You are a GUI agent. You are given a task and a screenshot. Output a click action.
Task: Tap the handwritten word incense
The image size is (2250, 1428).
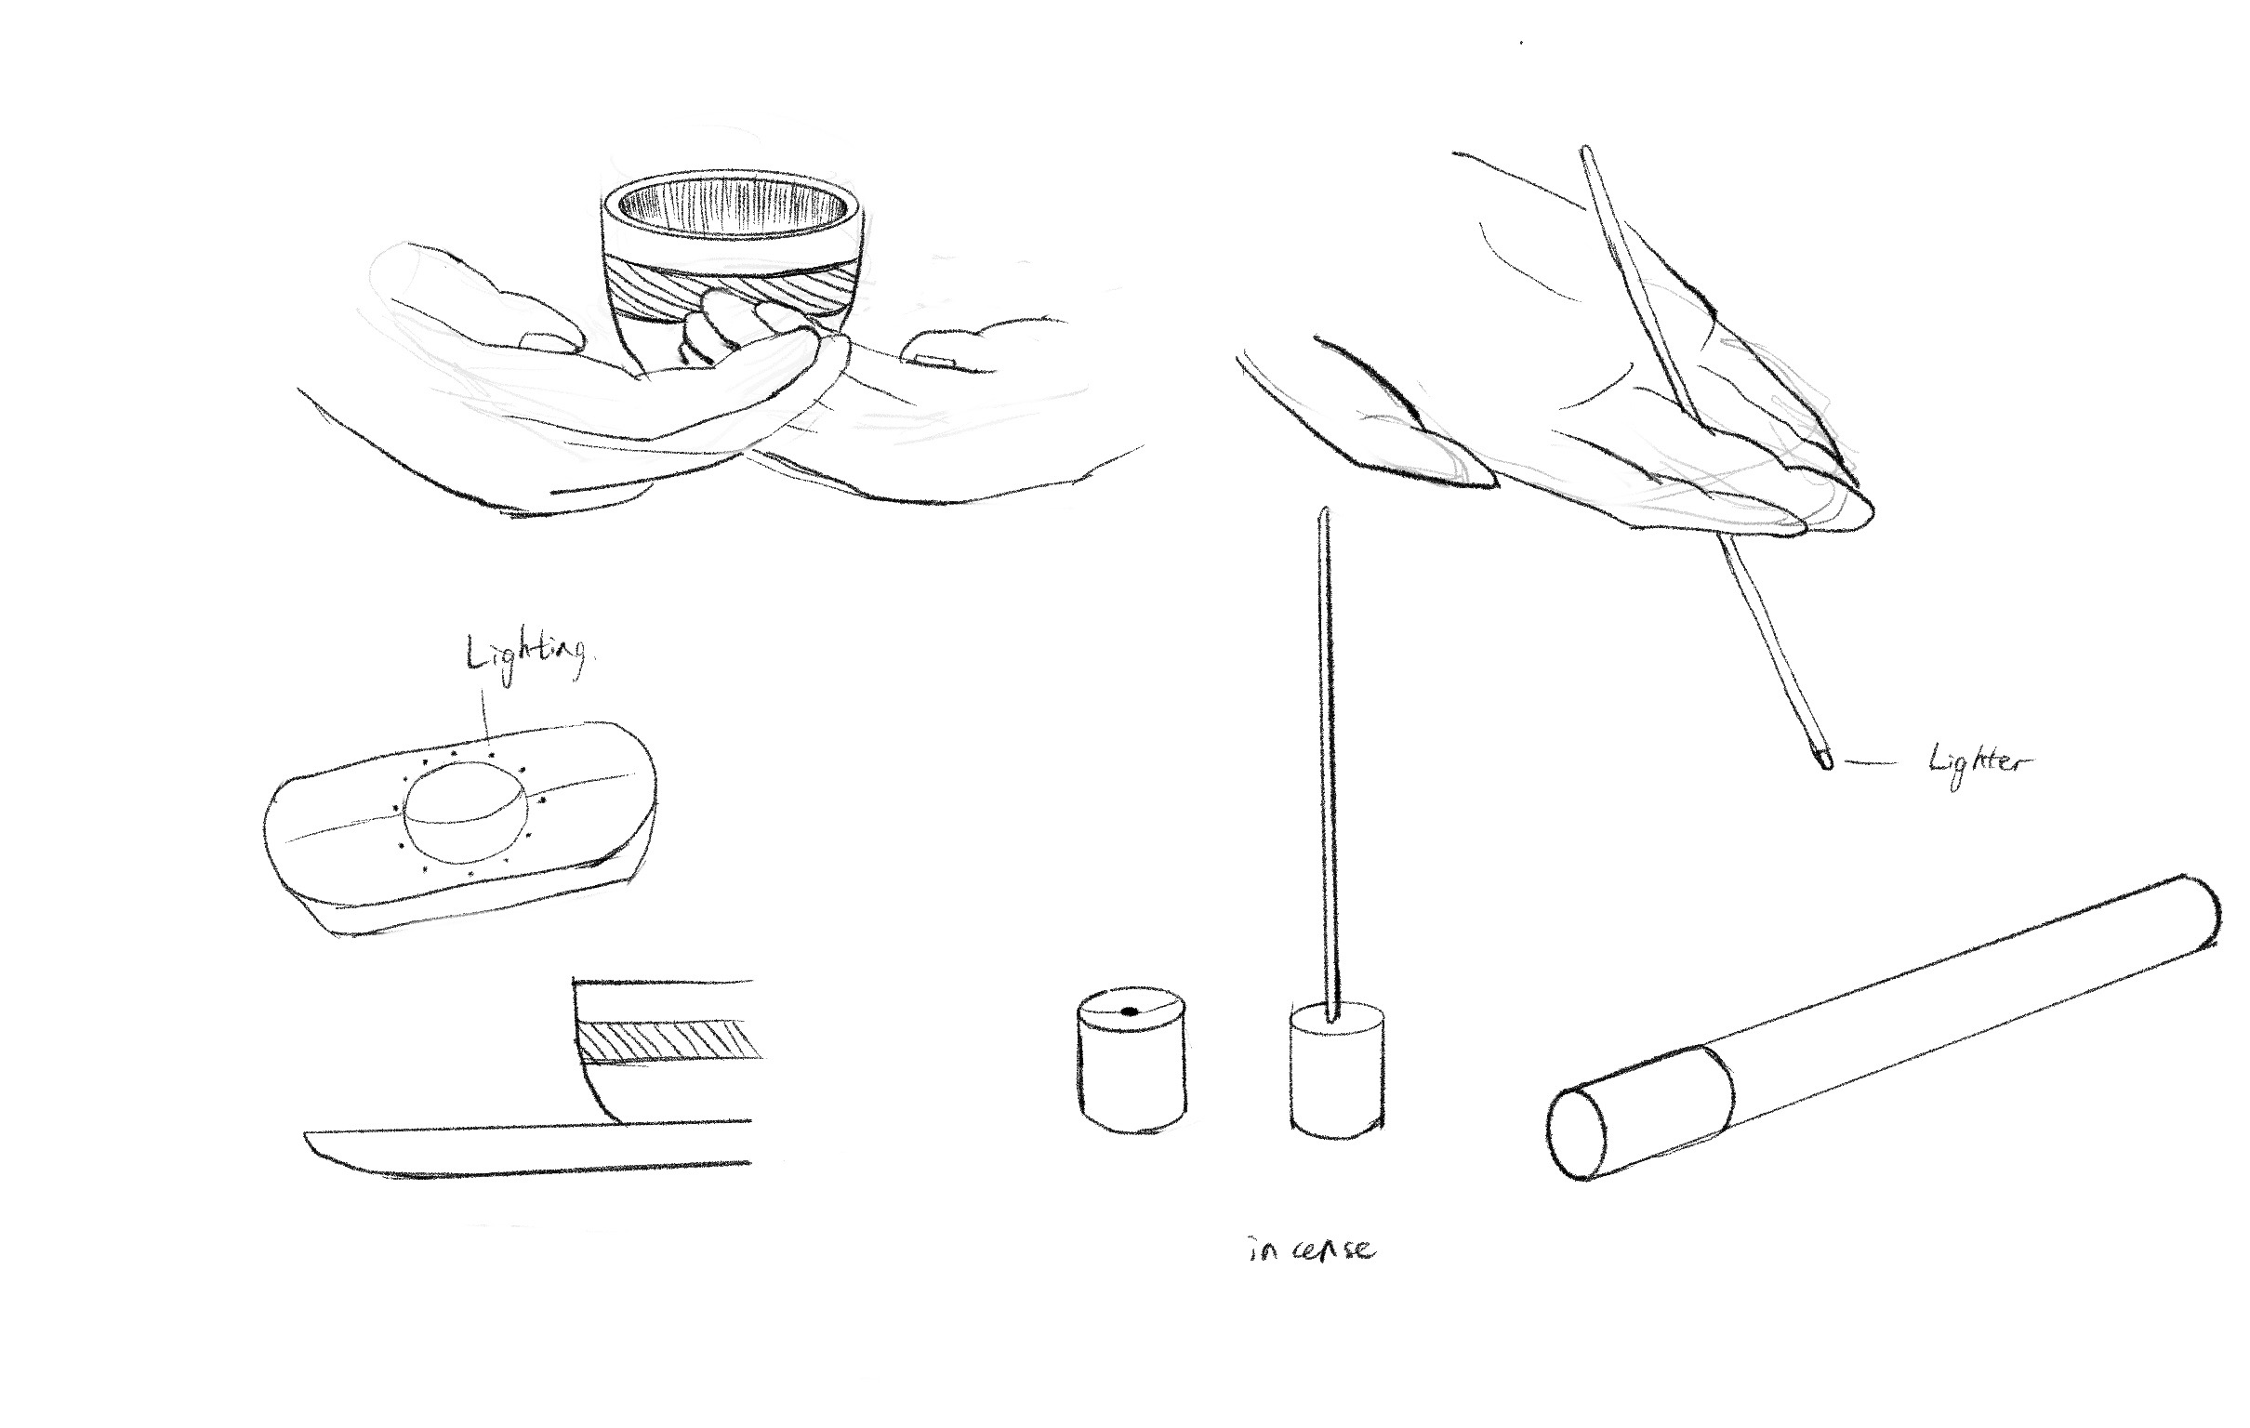click(1311, 1250)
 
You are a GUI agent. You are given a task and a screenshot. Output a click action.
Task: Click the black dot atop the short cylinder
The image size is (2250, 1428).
click(1129, 1011)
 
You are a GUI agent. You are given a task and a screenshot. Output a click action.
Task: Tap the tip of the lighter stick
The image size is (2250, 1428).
click(1825, 764)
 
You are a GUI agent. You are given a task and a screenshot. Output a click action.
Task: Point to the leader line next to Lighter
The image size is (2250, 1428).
click(1870, 762)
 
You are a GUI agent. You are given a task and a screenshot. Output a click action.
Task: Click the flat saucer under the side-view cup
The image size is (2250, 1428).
click(529, 1148)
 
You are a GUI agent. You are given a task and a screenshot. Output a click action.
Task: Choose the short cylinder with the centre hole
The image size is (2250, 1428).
click(1131, 1060)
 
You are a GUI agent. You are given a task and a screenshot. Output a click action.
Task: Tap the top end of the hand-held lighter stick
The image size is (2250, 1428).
click(1584, 150)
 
